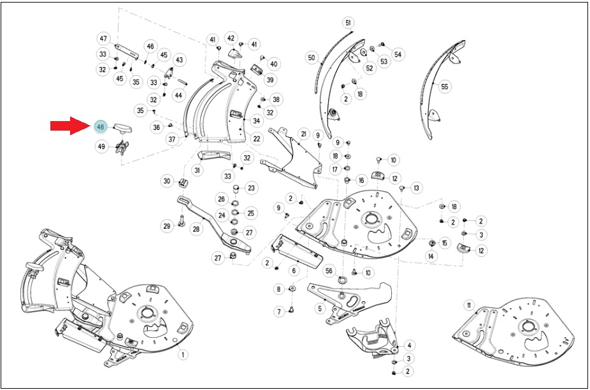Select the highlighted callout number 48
point(101,127)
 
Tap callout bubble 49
point(101,147)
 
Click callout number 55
point(445,87)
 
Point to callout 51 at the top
point(348,23)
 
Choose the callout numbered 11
point(469,306)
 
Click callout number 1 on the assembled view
point(183,354)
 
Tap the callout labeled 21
point(303,134)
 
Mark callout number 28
point(196,229)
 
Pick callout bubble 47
point(103,39)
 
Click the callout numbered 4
point(409,345)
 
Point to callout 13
point(416,188)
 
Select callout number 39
point(270,80)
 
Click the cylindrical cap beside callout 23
point(238,188)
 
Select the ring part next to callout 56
point(343,280)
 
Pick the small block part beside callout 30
point(183,183)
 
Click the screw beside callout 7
point(291,310)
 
